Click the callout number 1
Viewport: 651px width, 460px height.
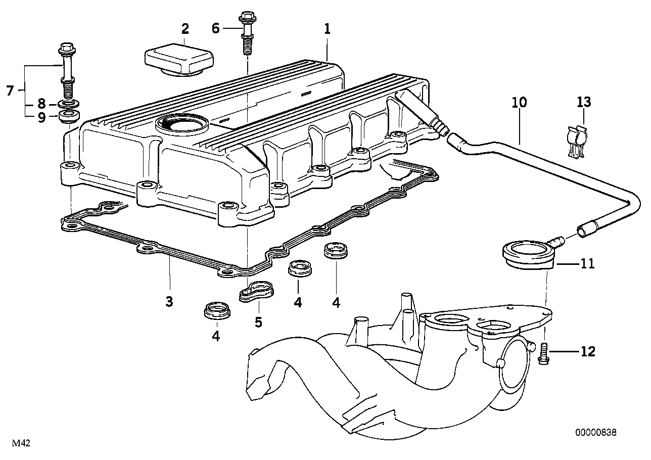pyautogui.click(x=327, y=29)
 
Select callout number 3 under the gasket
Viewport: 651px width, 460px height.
pyautogui.click(x=169, y=302)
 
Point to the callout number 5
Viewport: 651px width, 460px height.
pyautogui.click(x=258, y=322)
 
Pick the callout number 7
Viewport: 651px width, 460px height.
pyautogui.click(x=10, y=91)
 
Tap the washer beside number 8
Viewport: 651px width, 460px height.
pyautogui.click(x=67, y=105)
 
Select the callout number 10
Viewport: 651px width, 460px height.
pyautogui.click(x=519, y=103)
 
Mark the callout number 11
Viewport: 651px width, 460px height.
pyautogui.click(x=588, y=263)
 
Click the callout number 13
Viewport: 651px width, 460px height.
pyautogui.click(x=584, y=103)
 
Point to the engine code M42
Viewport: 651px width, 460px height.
pyautogui.click(x=22, y=443)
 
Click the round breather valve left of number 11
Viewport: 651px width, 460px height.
pyautogui.click(x=526, y=253)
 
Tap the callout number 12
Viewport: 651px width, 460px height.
pyautogui.click(x=588, y=351)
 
